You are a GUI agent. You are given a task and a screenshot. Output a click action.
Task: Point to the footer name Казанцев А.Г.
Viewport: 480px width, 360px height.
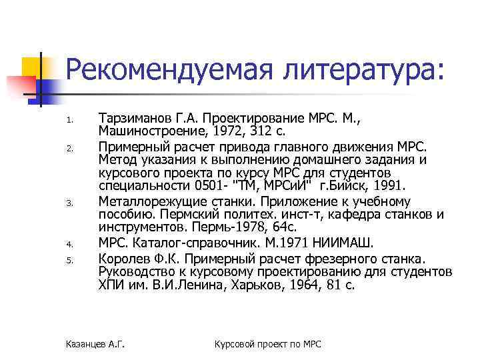[x=96, y=344]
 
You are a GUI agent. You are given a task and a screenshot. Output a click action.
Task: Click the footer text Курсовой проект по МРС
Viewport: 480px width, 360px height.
[x=268, y=344]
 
